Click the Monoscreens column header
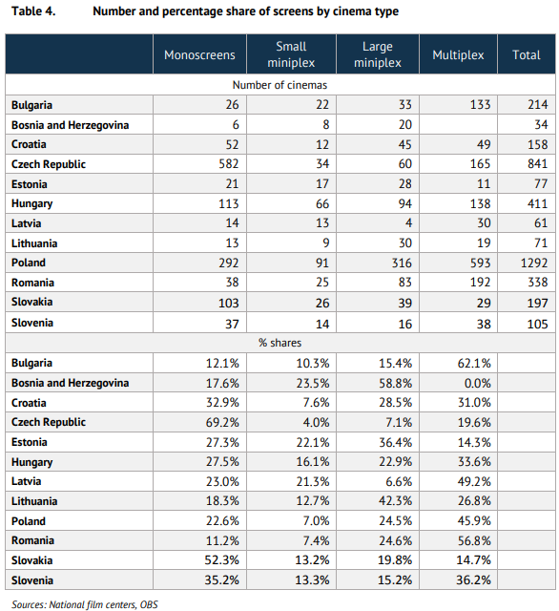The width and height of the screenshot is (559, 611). coord(199,55)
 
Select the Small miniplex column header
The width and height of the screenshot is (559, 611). coord(291,54)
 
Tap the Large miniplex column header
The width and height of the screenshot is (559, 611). coord(377,54)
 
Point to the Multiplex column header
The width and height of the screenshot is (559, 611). coord(458,55)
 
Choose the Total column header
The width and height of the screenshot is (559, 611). coord(527,55)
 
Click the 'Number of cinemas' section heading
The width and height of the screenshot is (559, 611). coord(279,85)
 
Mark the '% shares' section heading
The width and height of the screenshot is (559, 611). coord(279,343)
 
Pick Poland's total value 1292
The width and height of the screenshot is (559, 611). coord(534,263)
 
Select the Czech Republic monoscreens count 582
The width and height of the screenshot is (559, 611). coord(229,163)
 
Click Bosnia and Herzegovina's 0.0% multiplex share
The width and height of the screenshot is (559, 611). coord(477,383)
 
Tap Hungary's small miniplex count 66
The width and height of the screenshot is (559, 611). coord(322,203)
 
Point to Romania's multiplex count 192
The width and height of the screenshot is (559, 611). coord(480,283)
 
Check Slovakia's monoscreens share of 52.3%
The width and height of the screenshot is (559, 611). coord(222,560)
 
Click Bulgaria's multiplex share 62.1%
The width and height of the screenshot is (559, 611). coord(474,363)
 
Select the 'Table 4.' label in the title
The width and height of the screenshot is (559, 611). coord(33,11)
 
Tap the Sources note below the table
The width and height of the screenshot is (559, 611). coord(85,604)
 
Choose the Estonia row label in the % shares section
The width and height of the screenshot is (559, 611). coord(30,442)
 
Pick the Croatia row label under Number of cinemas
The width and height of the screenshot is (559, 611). coord(29,144)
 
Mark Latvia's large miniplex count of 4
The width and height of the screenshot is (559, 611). coord(408,223)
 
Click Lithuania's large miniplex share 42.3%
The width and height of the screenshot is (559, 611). coord(396,501)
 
